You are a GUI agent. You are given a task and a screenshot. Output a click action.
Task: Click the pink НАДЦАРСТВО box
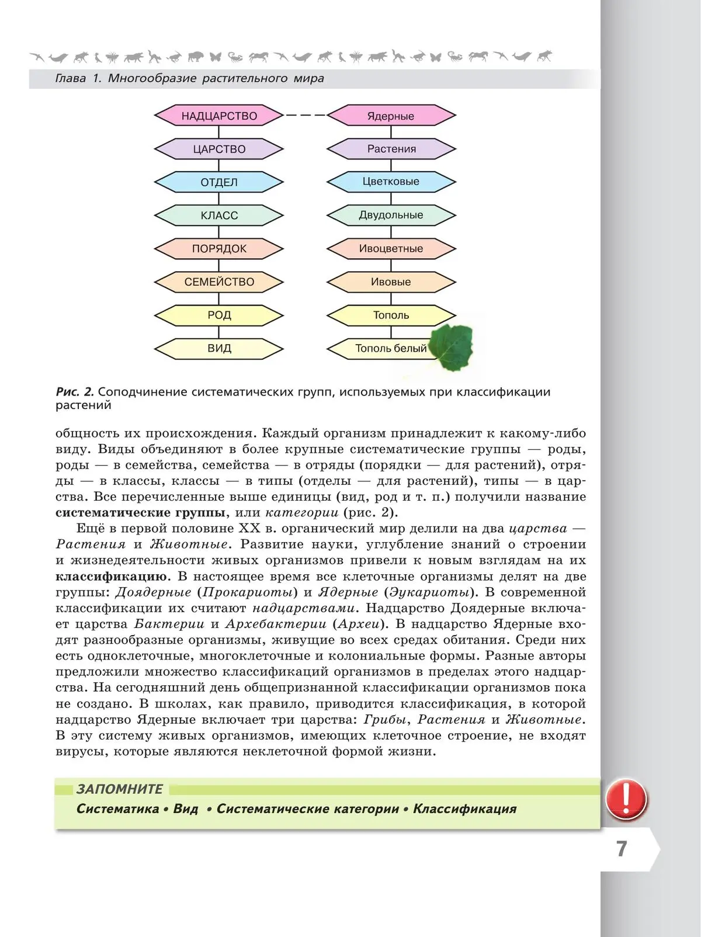click(x=219, y=116)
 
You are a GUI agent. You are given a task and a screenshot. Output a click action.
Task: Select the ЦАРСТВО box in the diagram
click(x=219, y=149)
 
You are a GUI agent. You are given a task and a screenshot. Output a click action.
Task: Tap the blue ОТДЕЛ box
click(x=219, y=182)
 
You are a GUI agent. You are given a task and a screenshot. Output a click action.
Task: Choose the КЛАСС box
click(x=219, y=216)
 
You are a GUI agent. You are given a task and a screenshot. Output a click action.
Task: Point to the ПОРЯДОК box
click(x=219, y=249)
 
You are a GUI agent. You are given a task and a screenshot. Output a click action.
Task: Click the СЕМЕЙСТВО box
click(x=219, y=282)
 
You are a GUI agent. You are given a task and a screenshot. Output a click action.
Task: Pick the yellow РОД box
click(x=219, y=315)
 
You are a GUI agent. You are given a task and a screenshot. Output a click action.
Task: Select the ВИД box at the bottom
click(x=219, y=349)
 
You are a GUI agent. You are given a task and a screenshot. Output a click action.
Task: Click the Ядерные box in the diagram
click(x=391, y=116)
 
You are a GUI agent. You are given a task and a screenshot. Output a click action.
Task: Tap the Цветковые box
click(x=391, y=182)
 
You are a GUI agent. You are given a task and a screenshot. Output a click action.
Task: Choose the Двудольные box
click(x=391, y=215)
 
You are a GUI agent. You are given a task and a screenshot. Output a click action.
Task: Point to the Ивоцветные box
click(x=391, y=248)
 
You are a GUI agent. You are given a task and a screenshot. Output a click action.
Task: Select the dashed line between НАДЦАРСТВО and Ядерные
click(x=305, y=116)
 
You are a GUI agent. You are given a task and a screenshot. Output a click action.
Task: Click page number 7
click(x=622, y=848)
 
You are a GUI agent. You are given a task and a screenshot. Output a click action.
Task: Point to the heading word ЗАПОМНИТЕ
click(x=120, y=789)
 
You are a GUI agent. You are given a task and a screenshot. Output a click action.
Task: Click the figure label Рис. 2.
click(x=75, y=392)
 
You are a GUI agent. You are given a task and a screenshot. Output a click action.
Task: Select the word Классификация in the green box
click(x=465, y=809)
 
